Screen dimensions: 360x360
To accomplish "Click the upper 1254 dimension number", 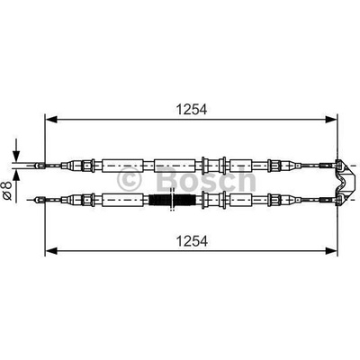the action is [x=192, y=110].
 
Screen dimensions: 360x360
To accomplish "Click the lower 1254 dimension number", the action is [x=192, y=241].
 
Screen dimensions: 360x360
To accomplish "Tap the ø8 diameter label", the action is [x=7, y=190].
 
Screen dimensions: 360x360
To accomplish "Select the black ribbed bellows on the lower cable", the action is [x=172, y=200].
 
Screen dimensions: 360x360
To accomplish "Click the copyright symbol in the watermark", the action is [x=129, y=179].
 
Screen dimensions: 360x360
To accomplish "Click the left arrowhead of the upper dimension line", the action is [x=50, y=120].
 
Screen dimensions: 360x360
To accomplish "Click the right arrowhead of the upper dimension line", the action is [x=331, y=120].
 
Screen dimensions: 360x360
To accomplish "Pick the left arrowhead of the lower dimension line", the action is [x=50, y=251].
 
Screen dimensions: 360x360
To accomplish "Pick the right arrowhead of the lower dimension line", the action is [x=331, y=251].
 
